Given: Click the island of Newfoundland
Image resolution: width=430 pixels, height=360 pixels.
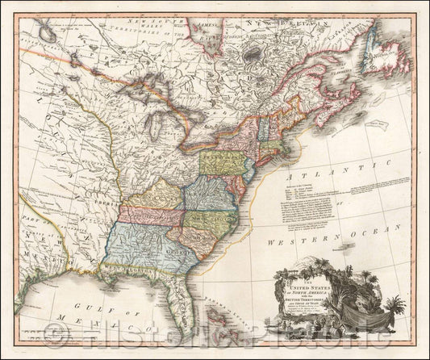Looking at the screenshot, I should pyautogui.click(x=386, y=60).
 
